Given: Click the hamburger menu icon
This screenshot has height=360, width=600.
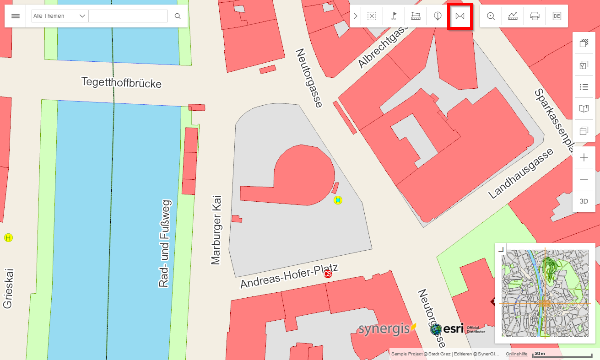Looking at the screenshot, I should [x=16, y=16].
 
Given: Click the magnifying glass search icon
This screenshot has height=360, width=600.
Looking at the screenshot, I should [x=178, y=16].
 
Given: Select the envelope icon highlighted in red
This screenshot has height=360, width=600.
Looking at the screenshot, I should [x=460, y=16].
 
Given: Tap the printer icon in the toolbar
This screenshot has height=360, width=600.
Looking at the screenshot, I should [x=535, y=16].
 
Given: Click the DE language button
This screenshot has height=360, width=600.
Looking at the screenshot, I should [x=557, y=16].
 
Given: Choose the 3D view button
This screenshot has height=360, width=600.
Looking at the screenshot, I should [x=584, y=201].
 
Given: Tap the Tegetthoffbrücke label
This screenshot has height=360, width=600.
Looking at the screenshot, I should [x=121, y=83].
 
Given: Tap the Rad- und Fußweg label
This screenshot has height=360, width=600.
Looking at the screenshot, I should [x=165, y=243].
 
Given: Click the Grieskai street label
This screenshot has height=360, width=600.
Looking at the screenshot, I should [x=8, y=288].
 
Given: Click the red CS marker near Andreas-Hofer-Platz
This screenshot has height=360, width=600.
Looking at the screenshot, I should [x=328, y=274].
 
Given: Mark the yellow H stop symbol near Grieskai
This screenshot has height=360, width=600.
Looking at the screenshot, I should [x=8, y=237].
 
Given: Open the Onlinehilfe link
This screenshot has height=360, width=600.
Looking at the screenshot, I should [x=516, y=354].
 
